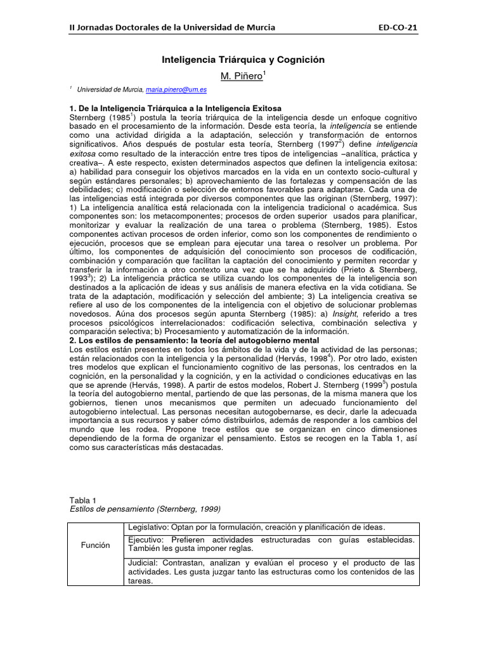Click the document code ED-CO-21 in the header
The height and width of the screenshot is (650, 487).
[398, 27]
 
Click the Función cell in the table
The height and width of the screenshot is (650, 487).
[95, 545]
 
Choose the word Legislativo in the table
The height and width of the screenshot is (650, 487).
[147, 527]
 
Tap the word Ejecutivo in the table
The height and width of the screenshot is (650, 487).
[145, 540]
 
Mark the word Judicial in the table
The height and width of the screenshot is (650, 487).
[143, 562]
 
